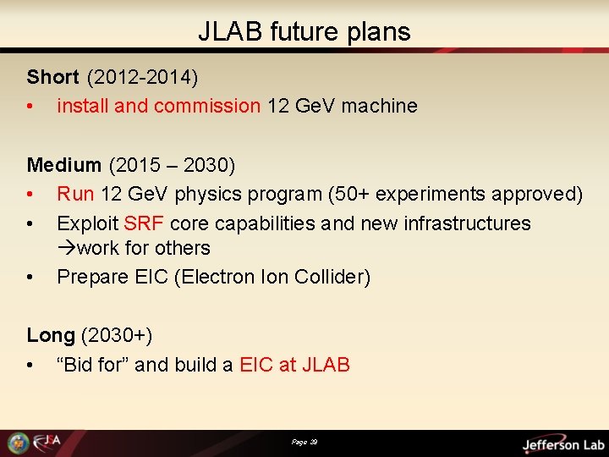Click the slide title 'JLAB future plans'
pos(304,31)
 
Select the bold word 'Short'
pos(52,77)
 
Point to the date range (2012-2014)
pos(142,77)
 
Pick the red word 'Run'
pos(75,194)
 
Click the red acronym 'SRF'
pos(144,223)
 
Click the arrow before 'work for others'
pos(66,249)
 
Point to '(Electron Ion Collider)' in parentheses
pos(272,277)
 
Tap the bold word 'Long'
pos(51,335)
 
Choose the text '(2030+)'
pos(117,335)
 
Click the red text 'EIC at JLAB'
pos(294,365)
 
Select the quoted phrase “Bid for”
pos(93,365)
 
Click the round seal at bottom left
pos(18,443)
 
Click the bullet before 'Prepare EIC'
pos(30,277)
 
